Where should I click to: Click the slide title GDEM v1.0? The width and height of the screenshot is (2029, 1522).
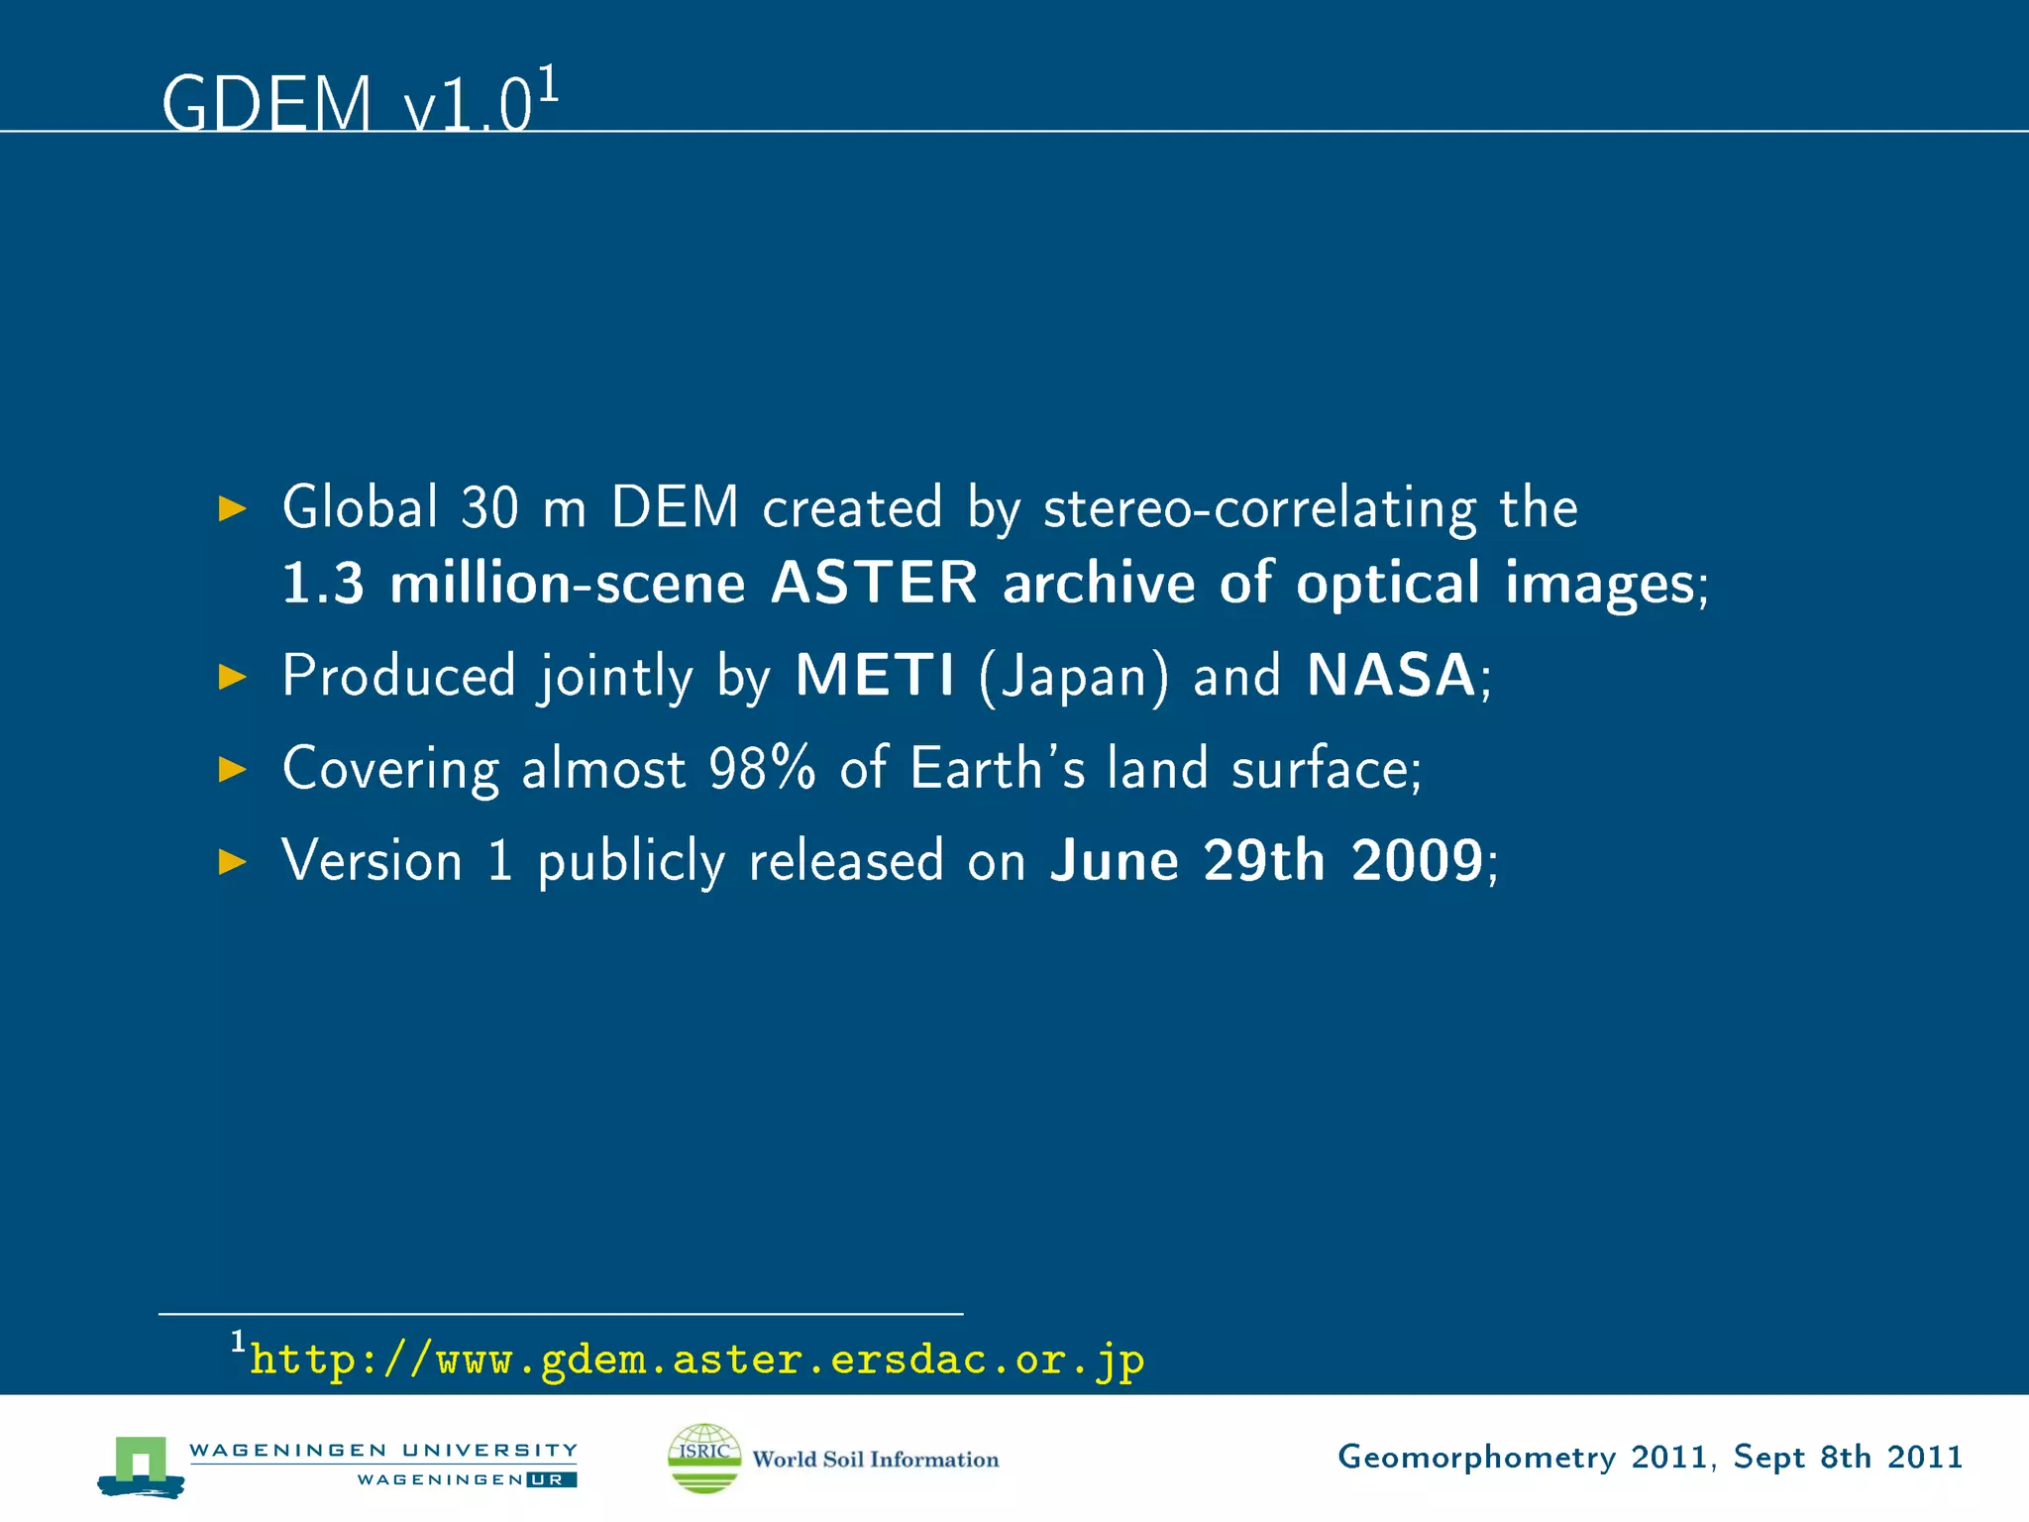click(x=347, y=103)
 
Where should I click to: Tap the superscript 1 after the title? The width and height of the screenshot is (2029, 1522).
click(x=549, y=84)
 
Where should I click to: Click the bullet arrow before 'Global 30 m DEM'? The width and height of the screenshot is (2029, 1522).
click(x=232, y=509)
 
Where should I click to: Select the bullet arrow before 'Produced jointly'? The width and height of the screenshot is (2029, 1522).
click(x=232, y=677)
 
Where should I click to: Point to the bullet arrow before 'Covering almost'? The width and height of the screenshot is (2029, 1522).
click(x=232, y=769)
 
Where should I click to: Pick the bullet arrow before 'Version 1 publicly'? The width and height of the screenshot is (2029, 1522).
click(x=232, y=861)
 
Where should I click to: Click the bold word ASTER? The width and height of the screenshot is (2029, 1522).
click(x=874, y=583)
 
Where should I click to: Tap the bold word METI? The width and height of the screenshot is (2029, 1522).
click(x=875, y=676)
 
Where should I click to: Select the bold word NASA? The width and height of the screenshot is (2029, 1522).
click(x=1391, y=676)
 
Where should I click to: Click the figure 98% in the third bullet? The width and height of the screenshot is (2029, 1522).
click(x=762, y=769)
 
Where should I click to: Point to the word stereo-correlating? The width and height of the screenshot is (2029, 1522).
click(x=1259, y=509)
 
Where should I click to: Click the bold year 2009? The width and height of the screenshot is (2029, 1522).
click(x=1417, y=860)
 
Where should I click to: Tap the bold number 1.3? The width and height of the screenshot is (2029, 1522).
click(x=323, y=583)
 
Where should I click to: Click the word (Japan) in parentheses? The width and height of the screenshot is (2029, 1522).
click(x=1074, y=677)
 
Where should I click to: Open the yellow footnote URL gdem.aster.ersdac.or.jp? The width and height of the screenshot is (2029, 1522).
click(x=696, y=1359)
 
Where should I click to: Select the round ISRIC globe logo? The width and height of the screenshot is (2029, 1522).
click(x=704, y=1458)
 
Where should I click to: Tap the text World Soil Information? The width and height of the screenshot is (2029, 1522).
click(x=876, y=1460)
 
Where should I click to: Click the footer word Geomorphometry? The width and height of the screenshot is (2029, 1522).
click(x=1476, y=1457)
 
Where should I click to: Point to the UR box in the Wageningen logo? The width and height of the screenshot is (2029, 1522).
click(x=551, y=1480)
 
